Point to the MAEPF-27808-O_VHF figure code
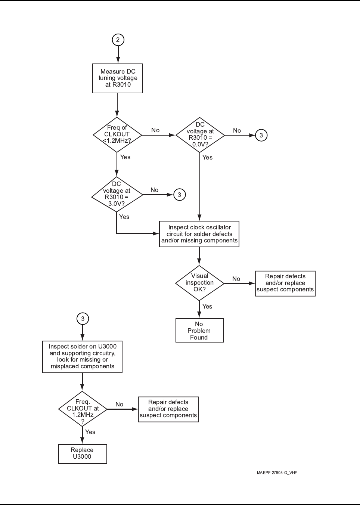[x=277, y=473]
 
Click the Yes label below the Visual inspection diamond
[x=207, y=306]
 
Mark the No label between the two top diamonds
[x=155, y=130]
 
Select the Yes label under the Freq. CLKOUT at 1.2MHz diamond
[x=90, y=432]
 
